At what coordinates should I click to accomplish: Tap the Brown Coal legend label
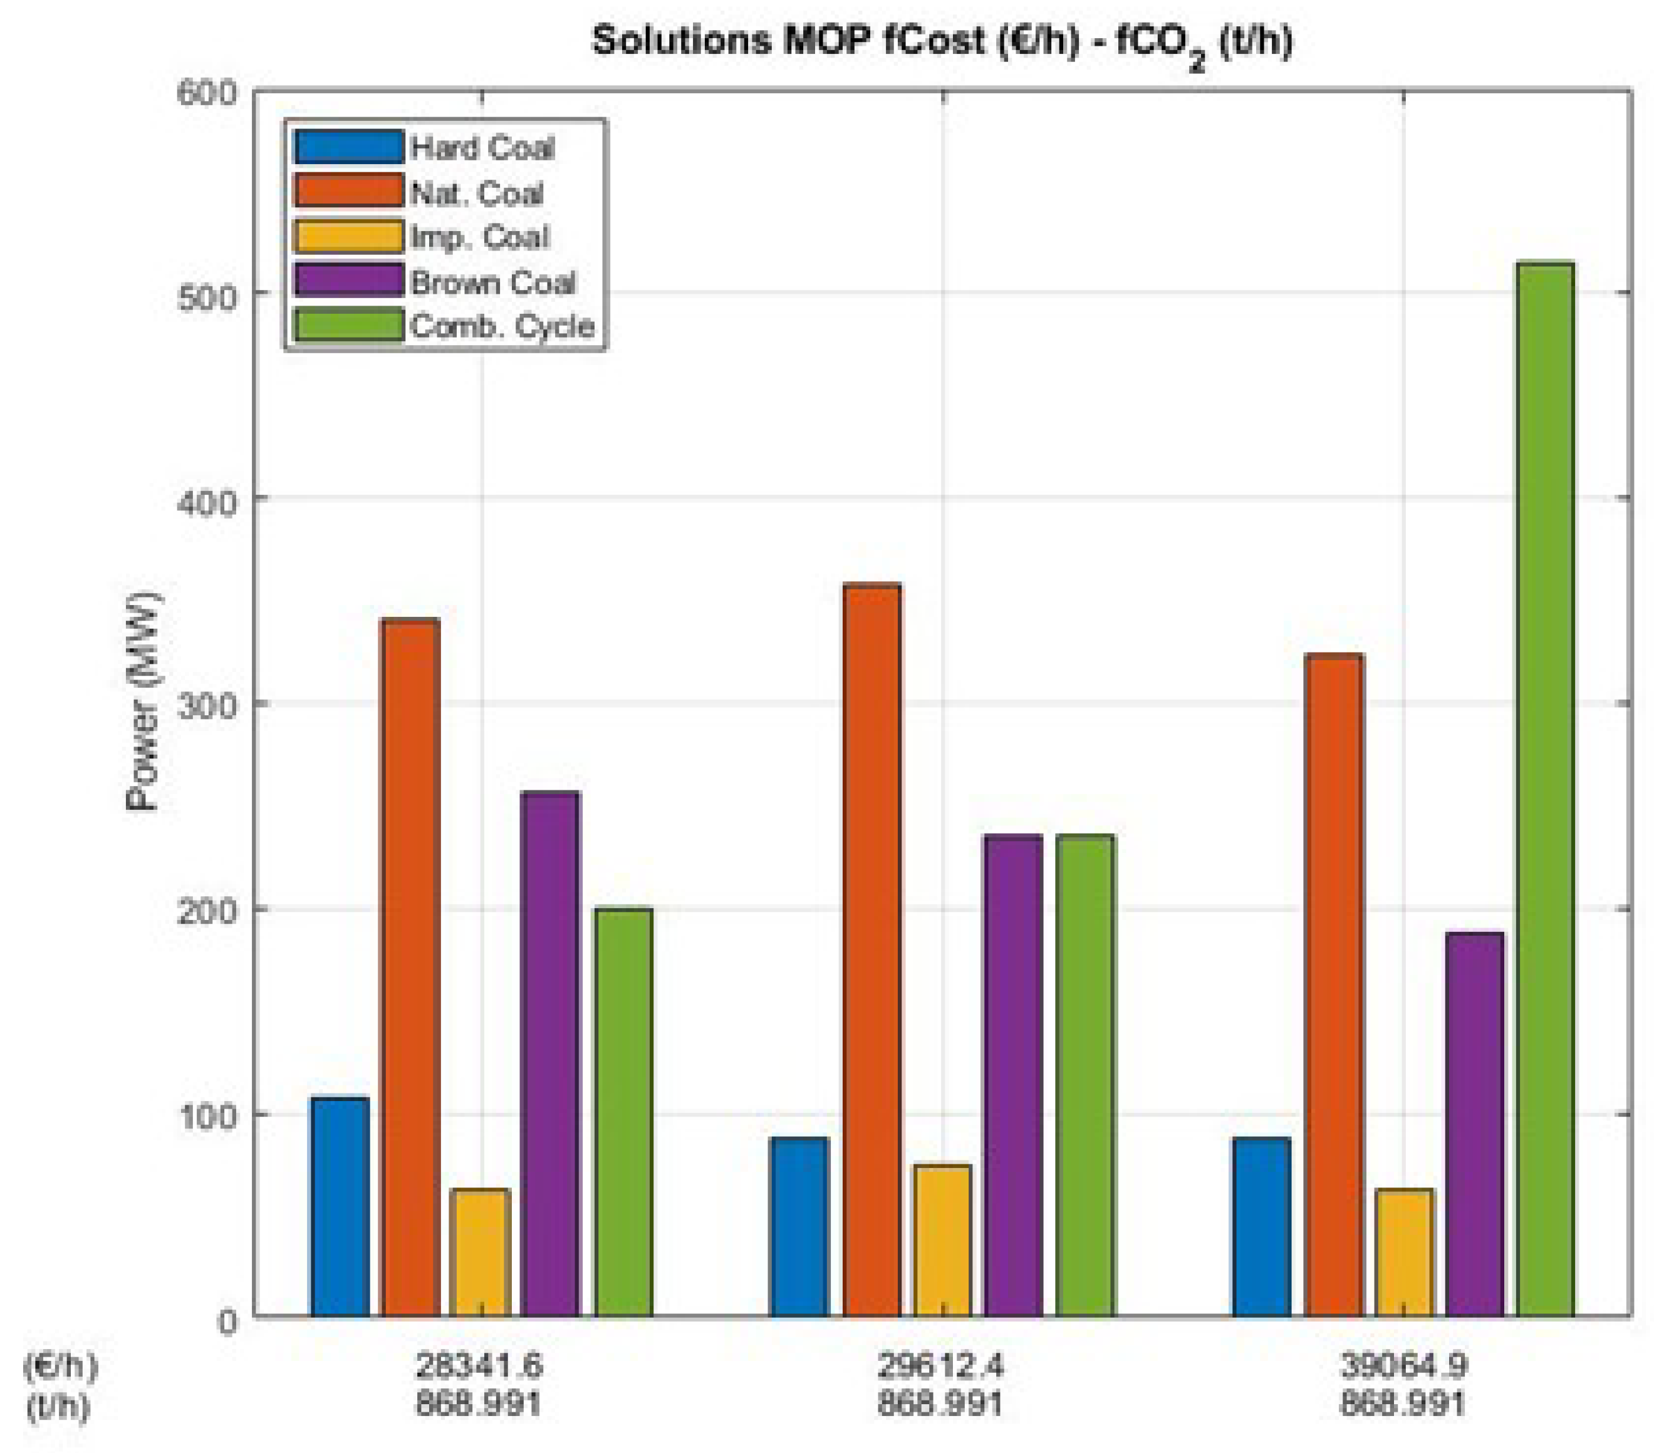(493, 282)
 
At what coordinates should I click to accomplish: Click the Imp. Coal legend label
(480, 238)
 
